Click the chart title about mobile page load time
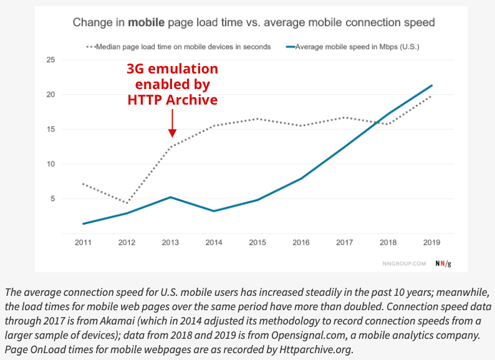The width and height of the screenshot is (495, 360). click(253, 23)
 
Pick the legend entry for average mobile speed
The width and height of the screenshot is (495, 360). click(347, 47)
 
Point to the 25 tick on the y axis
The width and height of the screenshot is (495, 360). click(51, 60)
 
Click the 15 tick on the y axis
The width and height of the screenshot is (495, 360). click(51, 130)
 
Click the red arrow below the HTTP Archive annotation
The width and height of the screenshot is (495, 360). click(172, 125)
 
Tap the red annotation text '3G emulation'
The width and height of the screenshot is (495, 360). click(172, 69)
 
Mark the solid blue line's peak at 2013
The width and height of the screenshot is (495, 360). click(170, 197)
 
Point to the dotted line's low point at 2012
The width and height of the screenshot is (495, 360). click(127, 203)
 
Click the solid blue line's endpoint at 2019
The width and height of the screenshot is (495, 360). click(431, 85)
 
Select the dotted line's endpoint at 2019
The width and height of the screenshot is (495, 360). click(431, 96)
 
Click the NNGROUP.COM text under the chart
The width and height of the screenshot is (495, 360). click(404, 263)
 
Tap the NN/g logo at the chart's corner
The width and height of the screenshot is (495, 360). click(443, 263)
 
